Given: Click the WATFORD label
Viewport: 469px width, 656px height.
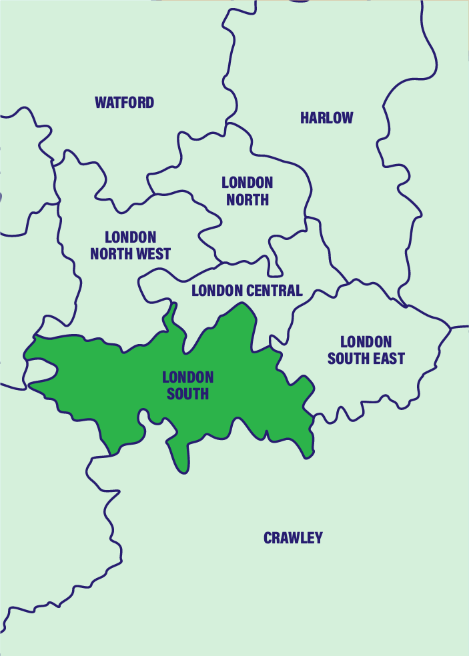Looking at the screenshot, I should (124, 103).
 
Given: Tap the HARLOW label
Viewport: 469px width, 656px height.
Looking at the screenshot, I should (326, 118).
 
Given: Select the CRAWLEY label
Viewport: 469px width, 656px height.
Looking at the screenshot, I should (293, 538).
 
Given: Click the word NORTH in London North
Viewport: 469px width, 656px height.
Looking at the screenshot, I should (248, 199).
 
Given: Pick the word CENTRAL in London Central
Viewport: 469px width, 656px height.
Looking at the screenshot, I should (275, 291).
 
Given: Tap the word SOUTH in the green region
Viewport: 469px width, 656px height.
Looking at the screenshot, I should (187, 394).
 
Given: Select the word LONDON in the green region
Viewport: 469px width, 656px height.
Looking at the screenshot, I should (187, 377).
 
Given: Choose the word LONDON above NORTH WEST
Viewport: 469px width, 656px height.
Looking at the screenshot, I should (131, 237).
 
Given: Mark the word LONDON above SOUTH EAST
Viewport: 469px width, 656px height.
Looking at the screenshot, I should (366, 342).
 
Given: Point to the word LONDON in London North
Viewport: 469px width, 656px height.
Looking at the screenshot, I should (248, 182).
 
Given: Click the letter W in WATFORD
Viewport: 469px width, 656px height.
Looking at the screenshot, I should (100, 103).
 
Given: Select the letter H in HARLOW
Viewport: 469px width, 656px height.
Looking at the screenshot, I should (304, 118).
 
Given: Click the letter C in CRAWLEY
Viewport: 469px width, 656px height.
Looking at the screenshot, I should (268, 538).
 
